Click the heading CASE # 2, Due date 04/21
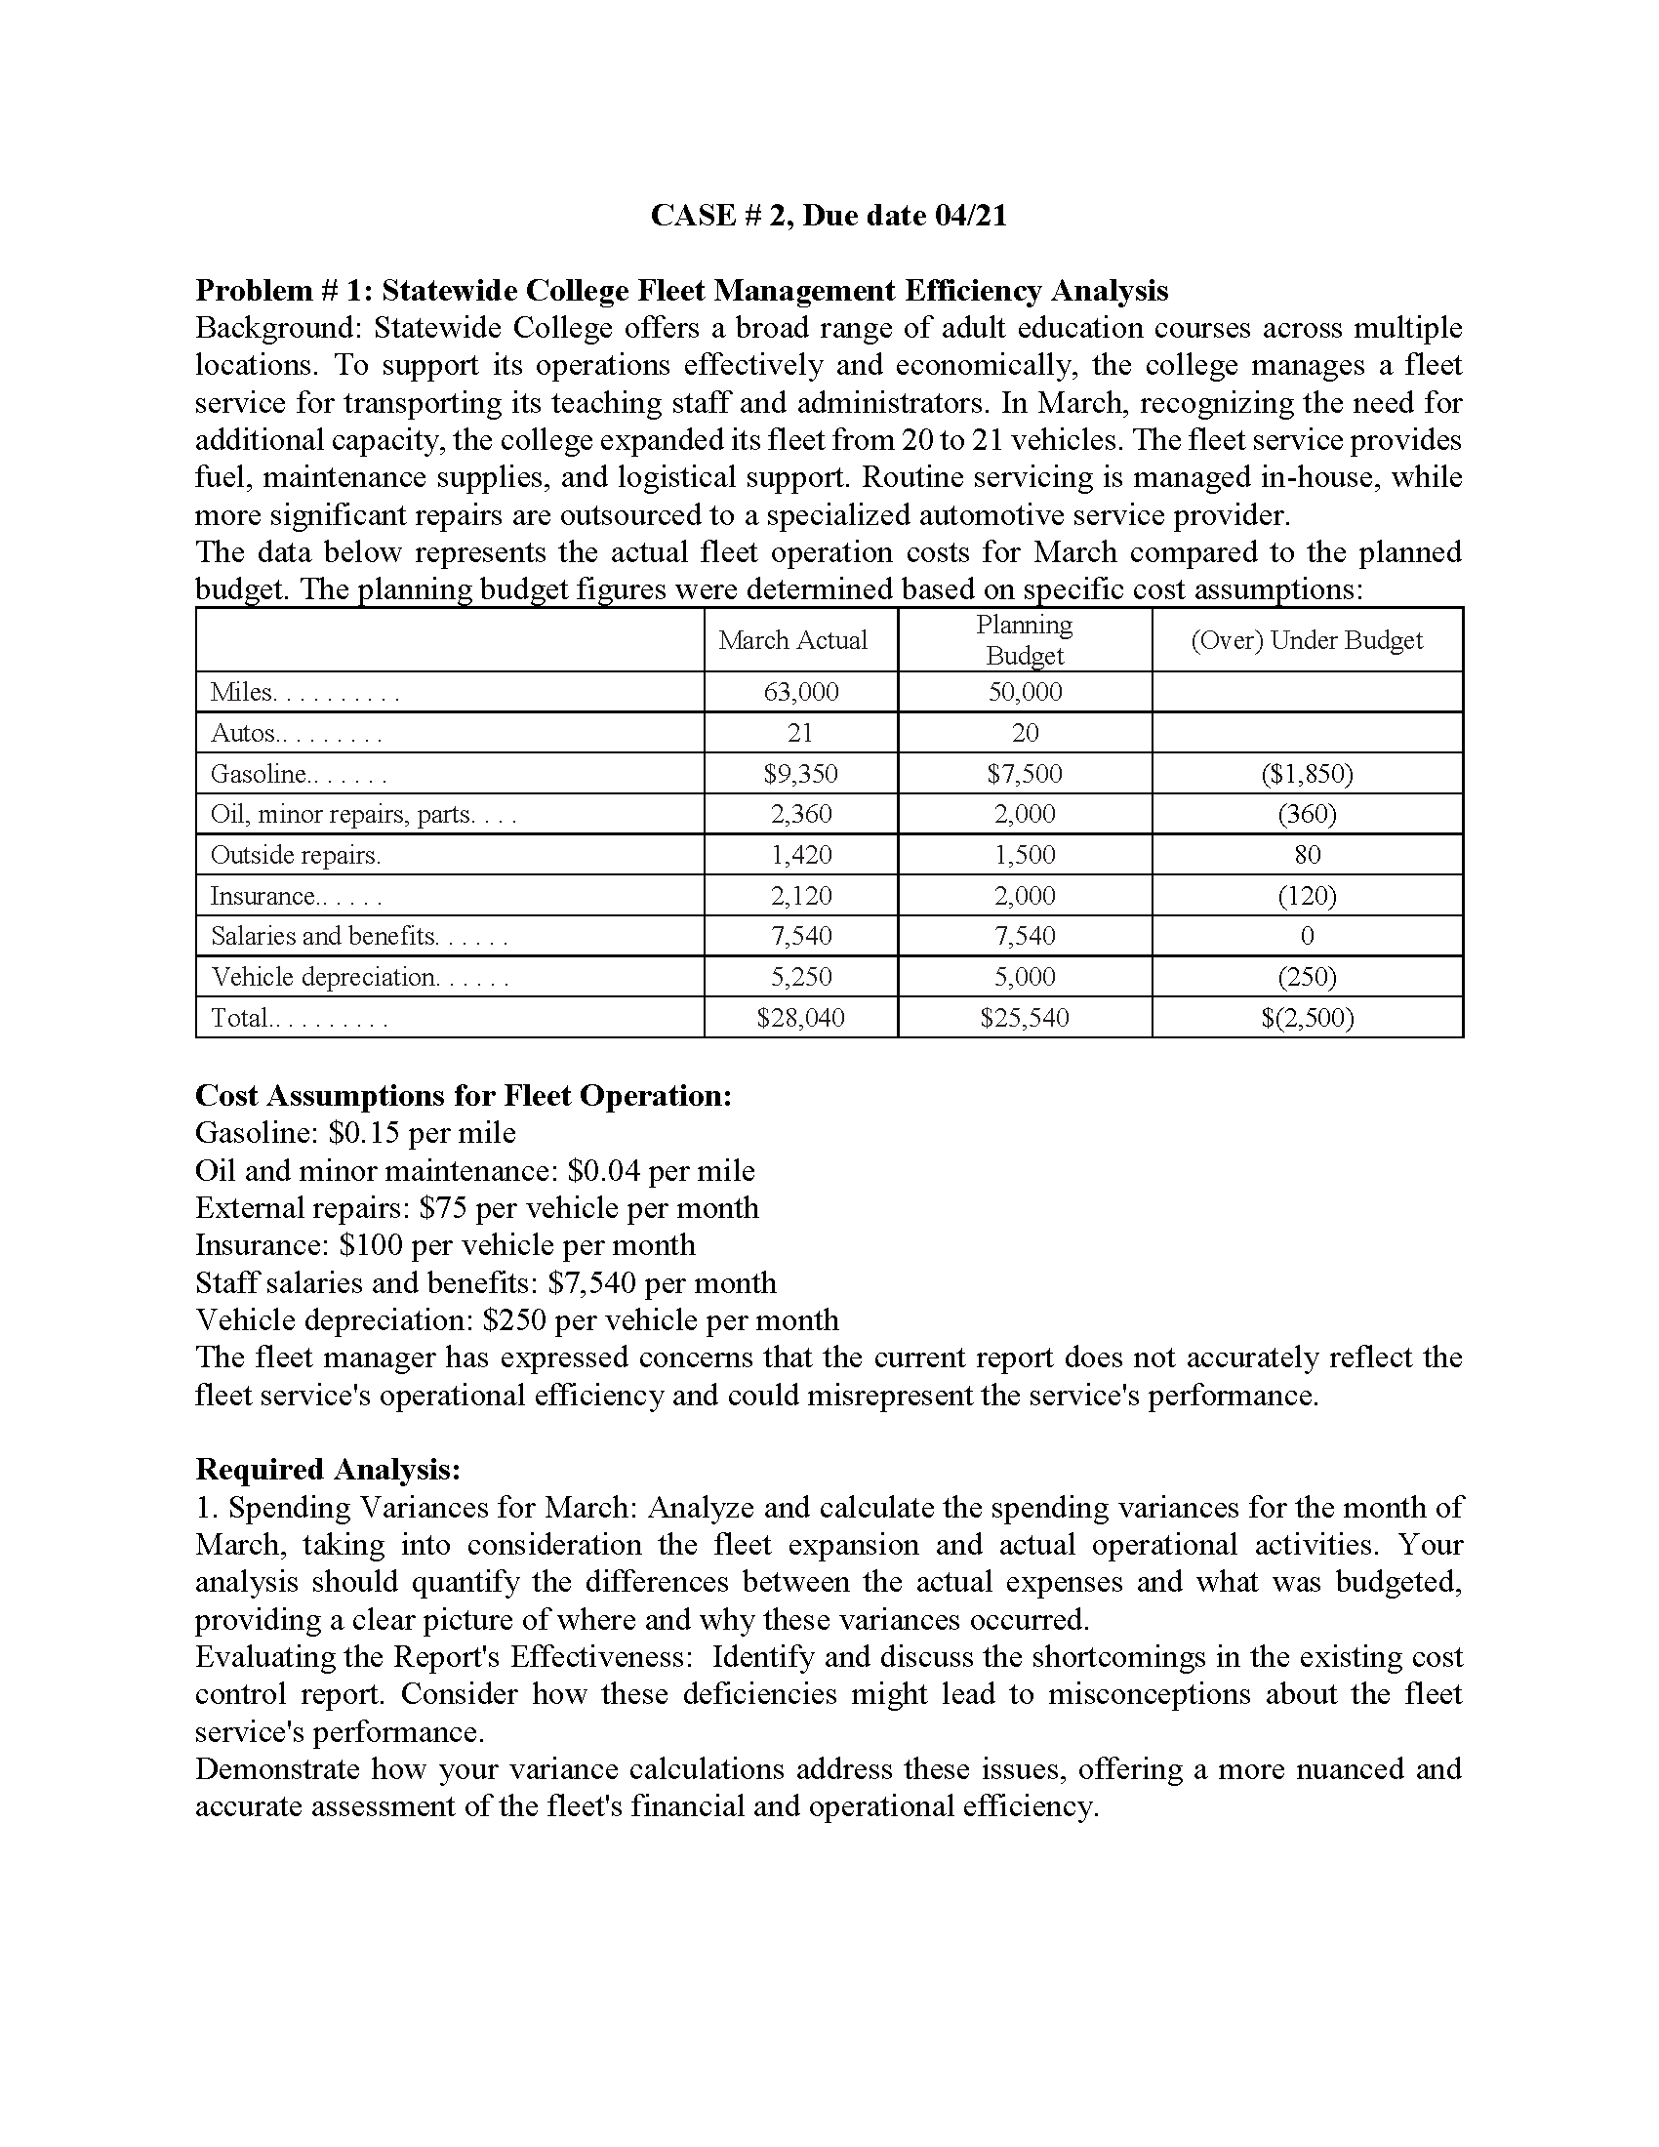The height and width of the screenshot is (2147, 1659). [x=829, y=215]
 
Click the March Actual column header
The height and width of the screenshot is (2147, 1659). [x=792, y=640]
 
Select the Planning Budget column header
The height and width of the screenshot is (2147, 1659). [x=1024, y=640]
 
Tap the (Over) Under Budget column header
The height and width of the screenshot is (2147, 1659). [x=1306, y=640]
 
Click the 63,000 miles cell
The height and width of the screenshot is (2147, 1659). [x=801, y=692]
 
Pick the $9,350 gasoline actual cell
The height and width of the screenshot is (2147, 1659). [x=801, y=774]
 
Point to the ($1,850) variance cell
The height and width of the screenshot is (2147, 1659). [x=1306, y=774]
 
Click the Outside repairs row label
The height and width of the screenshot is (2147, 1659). [x=295, y=855]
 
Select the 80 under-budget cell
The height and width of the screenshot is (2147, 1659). [x=1306, y=855]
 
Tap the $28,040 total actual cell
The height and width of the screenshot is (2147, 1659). [x=801, y=1018]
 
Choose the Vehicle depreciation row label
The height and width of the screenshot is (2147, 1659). [x=324, y=977]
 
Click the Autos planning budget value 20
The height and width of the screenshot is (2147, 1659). [x=1024, y=733]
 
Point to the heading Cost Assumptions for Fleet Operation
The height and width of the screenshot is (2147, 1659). [x=464, y=1095]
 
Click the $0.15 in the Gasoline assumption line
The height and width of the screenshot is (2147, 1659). [x=364, y=1133]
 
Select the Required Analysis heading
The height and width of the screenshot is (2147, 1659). [x=328, y=1469]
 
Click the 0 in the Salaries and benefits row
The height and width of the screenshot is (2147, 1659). [x=1306, y=936]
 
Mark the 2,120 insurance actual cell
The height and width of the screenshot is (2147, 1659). [x=801, y=896]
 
